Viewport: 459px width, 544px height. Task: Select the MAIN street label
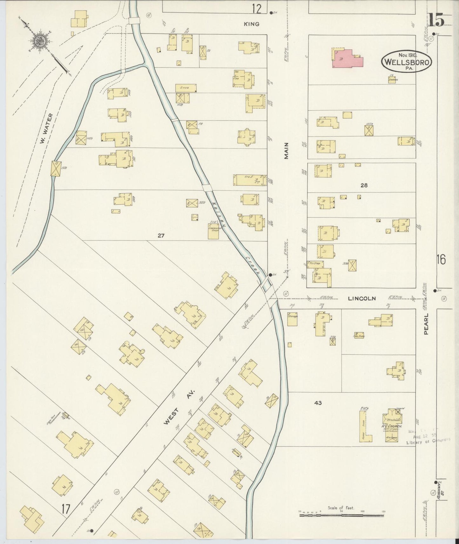pos(287,150)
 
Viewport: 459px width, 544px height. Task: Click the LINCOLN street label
pos(362,298)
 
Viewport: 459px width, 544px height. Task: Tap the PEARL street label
pos(426,324)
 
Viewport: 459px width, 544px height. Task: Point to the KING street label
pos(252,24)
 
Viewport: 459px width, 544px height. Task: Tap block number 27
pos(161,236)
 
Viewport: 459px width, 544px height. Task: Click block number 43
pos(318,403)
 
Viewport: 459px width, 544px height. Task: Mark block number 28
pos(364,185)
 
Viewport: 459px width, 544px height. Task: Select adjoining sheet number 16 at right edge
pos(441,260)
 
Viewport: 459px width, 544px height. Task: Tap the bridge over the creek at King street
pos(134,20)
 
